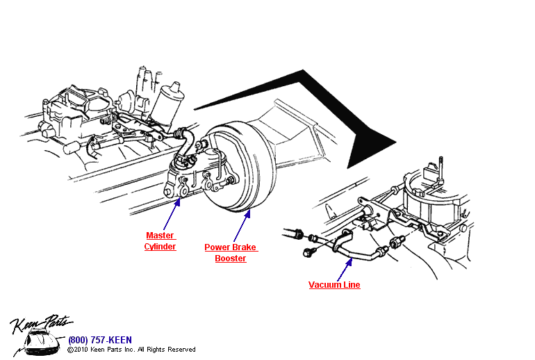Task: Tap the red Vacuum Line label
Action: pyautogui.click(x=334, y=285)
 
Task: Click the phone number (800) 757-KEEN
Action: pyautogui.click(x=99, y=340)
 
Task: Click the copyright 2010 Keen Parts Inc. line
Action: pyautogui.click(x=131, y=350)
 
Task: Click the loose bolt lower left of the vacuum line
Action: pyautogui.click(x=309, y=252)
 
